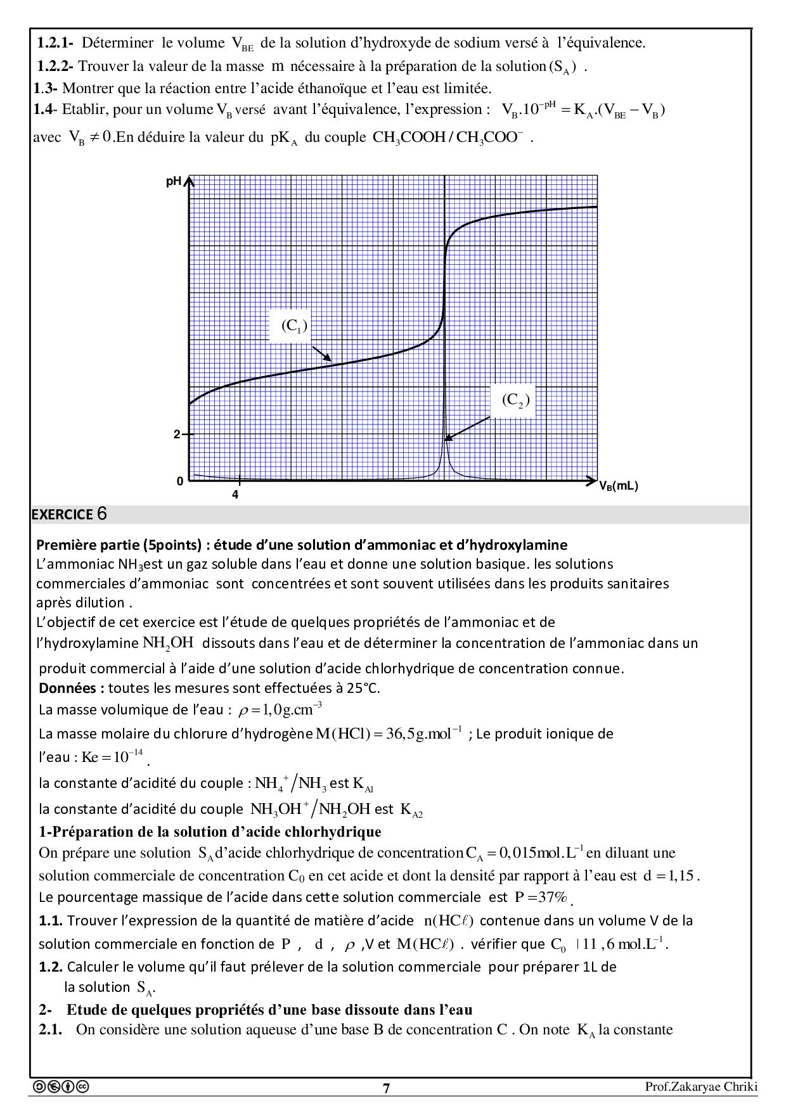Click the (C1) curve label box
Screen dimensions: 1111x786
(x=294, y=326)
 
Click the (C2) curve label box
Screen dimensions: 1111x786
(x=515, y=400)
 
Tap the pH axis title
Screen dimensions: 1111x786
(x=174, y=182)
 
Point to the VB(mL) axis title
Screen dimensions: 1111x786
(x=619, y=486)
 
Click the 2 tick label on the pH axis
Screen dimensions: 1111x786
(x=177, y=435)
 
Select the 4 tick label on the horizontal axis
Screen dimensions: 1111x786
(x=235, y=495)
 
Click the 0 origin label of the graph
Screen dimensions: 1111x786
(x=180, y=481)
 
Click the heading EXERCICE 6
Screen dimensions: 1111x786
(x=69, y=514)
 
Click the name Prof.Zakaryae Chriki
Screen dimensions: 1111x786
(x=701, y=1087)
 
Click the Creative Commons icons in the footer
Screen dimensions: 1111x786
(x=61, y=1087)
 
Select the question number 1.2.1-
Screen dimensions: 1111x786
(x=55, y=43)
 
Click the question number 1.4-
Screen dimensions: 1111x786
(x=46, y=110)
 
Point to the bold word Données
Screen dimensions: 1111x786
(x=68, y=688)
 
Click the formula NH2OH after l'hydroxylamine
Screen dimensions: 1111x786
(x=168, y=642)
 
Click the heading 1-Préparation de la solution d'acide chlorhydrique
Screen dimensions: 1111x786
(x=210, y=832)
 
